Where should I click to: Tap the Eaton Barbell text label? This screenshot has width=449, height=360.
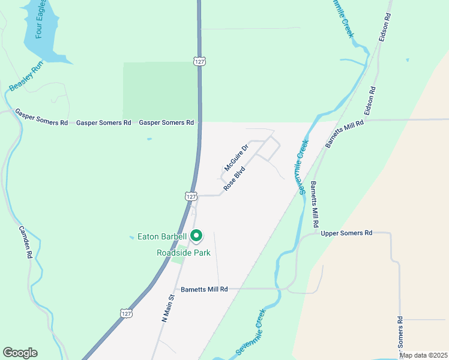coord(162,237)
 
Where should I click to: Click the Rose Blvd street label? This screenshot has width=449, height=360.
coord(234,178)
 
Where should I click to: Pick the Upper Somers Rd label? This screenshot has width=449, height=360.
coord(346,233)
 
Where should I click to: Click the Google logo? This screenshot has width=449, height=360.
coord(20,353)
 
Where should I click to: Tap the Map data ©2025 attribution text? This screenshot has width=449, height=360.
coord(423,355)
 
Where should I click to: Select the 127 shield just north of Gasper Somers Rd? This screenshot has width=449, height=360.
coord(200,61)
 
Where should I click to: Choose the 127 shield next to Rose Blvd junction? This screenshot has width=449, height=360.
coord(191,196)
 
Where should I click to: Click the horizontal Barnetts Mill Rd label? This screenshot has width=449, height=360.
coord(204,289)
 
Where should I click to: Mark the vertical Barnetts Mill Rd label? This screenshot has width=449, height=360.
coord(314,204)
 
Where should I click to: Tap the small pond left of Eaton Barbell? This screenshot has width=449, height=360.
coord(131,238)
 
